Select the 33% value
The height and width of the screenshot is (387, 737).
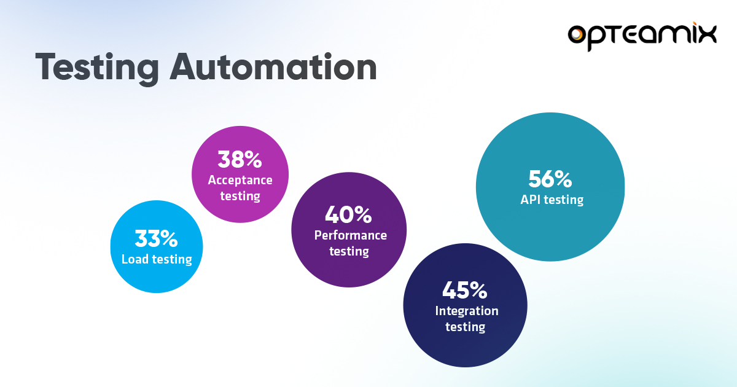(156, 238)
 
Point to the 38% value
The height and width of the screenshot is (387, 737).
(240, 160)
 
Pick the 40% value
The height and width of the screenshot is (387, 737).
(348, 215)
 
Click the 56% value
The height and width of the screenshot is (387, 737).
(550, 179)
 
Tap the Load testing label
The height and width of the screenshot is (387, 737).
(157, 259)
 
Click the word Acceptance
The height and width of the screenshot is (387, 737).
(240, 180)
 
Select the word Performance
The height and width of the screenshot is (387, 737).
(351, 235)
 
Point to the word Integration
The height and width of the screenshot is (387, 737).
(467, 311)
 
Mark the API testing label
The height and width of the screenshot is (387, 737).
(551, 199)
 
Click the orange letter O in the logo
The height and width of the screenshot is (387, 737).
(580, 35)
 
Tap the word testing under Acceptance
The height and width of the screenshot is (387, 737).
(240, 197)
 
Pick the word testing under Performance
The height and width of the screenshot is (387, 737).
(349, 251)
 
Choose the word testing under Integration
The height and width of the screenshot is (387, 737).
(465, 327)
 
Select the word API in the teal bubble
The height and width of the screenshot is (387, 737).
(529, 199)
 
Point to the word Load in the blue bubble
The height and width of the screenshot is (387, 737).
(135, 259)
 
